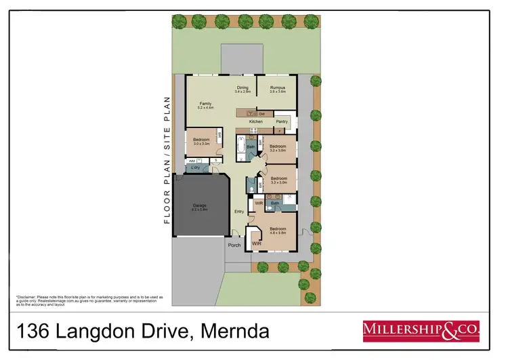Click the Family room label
pyautogui.click(x=206, y=104)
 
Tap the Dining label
pyautogui.click(x=242, y=87)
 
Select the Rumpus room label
pyautogui.click(x=277, y=87)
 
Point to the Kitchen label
pyautogui.click(x=255, y=121)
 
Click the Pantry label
pyautogui.click(x=282, y=121)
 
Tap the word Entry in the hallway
pyautogui.click(x=238, y=212)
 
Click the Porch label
pyautogui.click(x=234, y=245)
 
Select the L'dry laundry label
pyautogui.click(x=195, y=167)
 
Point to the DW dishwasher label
pyautogui.click(x=261, y=113)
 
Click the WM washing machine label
pyautogui.click(x=192, y=161)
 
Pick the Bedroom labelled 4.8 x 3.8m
pyautogui.click(x=278, y=228)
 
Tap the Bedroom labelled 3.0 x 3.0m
pyautogui.click(x=202, y=140)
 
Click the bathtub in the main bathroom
pyautogui.click(x=240, y=146)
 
